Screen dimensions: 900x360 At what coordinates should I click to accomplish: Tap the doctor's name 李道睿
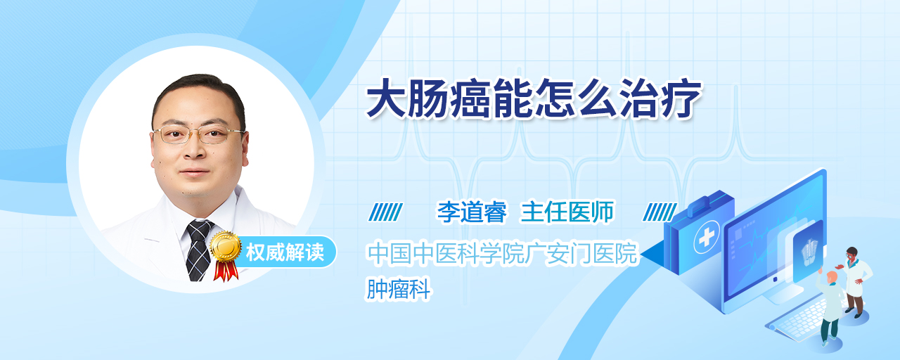pyautogui.click(x=472, y=212)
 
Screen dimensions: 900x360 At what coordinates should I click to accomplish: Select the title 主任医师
pyautogui.click(x=567, y=212)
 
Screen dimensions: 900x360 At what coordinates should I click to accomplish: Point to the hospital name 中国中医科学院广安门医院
pyautogui.click(x=503, y=254)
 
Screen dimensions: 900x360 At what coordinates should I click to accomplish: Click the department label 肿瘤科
pyautogui.click(x=399, y=288)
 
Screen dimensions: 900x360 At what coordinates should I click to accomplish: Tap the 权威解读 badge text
pyautogui.click(x=285, y=252)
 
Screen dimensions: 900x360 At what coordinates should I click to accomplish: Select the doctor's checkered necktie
pyautogui.click(x=198, y=249)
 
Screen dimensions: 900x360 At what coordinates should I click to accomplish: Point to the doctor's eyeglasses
pyautogui.click(x=198, y=134)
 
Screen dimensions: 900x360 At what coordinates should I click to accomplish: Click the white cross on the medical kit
pyautogui.click(x=707, y=237)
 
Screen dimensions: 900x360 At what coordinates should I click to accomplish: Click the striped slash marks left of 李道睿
pyautogui.click(x=385, y=212)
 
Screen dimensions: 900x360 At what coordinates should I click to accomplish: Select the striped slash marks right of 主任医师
pyautogui.click(x=660, y=212)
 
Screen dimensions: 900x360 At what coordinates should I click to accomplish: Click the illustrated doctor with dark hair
pyautogui.click(x=856, y=282)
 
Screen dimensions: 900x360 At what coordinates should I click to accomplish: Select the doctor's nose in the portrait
pyautogui.click(x=195, y=148)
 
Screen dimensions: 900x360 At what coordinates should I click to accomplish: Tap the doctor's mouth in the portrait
pyautogui.click(x=195, y=172)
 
